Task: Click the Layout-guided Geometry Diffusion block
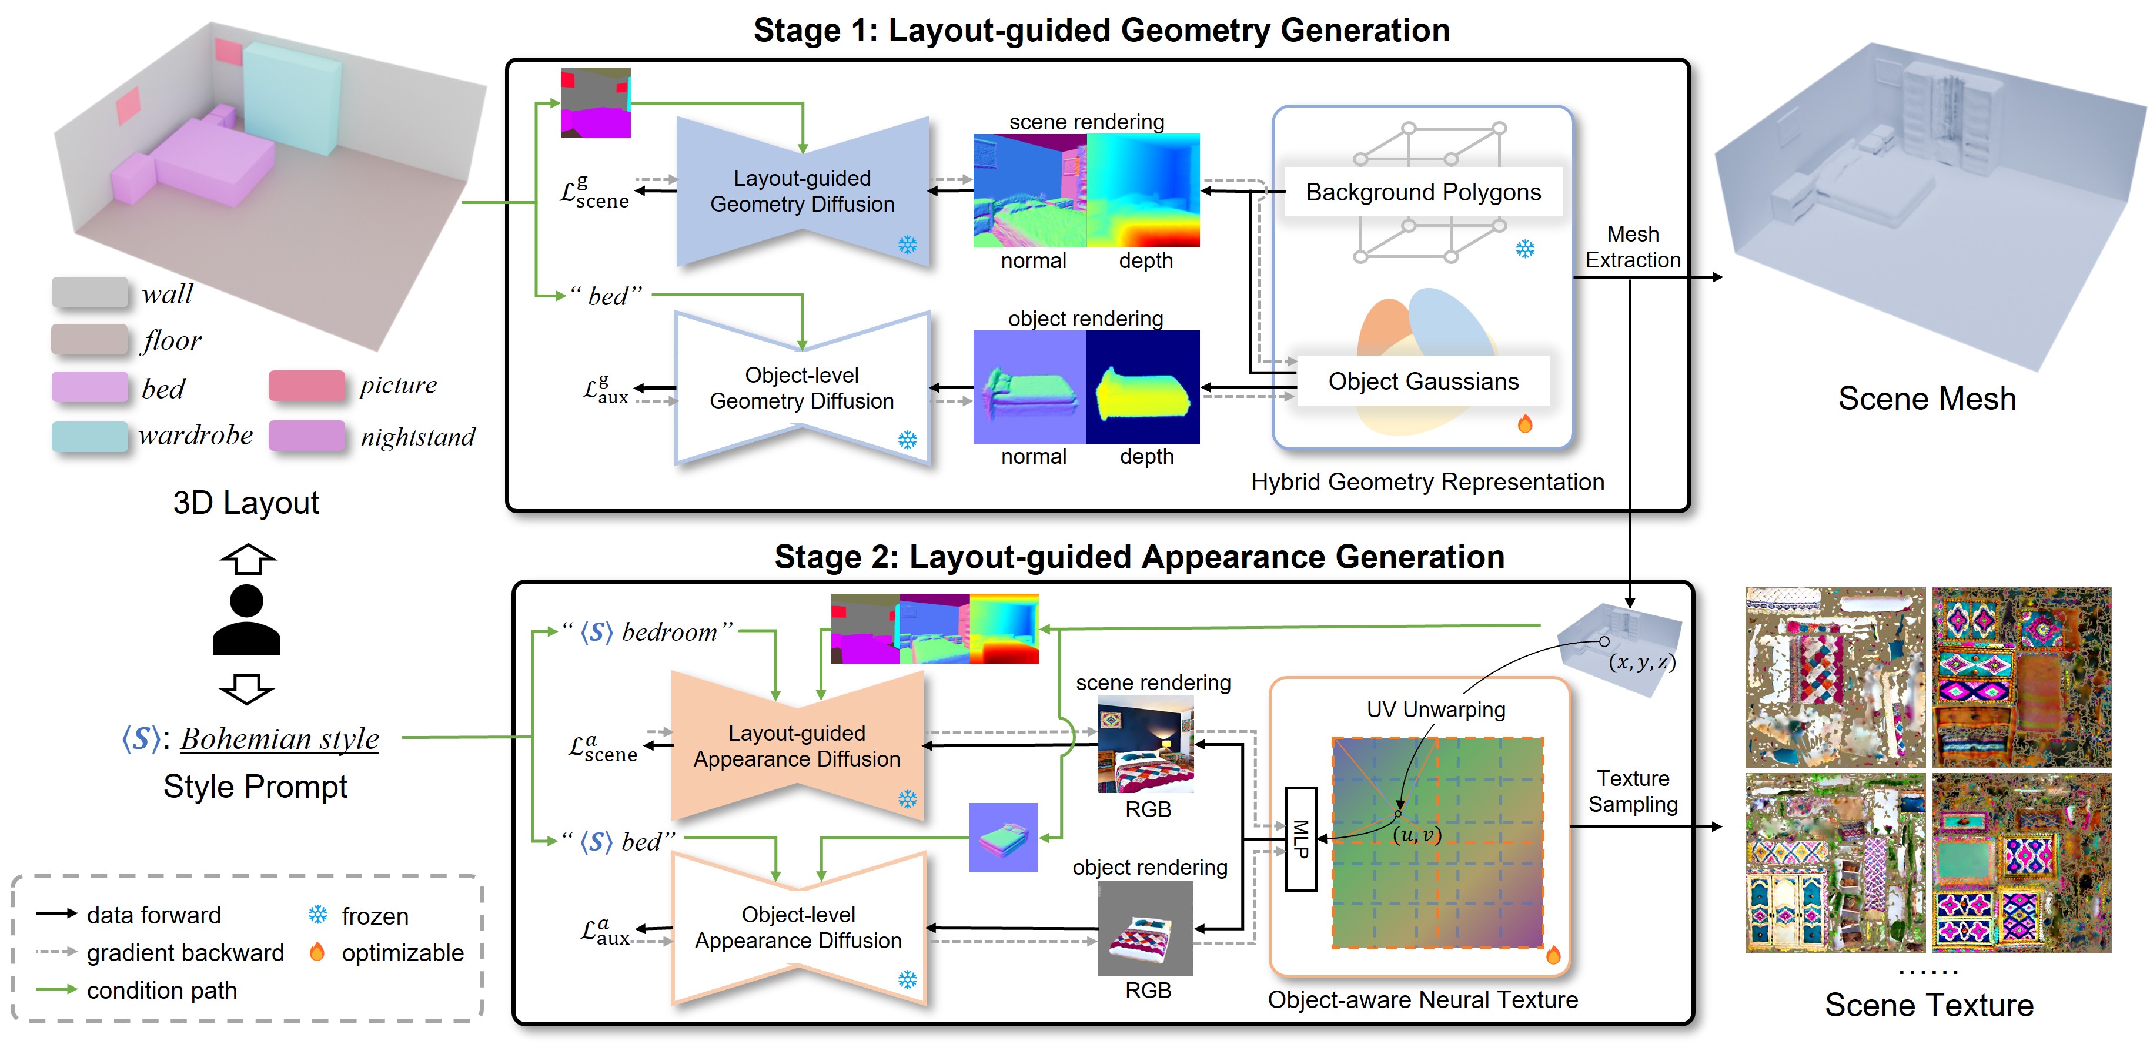[x=801, y=191]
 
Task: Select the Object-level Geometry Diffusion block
[x=801, y=388]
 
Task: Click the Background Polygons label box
[x=1422, y=192]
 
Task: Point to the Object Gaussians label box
[x=1422, y=382]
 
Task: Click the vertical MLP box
[x=1300, y=839]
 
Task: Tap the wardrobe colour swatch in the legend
[x=89, y=436]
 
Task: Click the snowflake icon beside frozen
[x=317, y=915]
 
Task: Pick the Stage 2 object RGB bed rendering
[x=1145, y=928]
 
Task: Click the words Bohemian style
[x=280, y=738]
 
